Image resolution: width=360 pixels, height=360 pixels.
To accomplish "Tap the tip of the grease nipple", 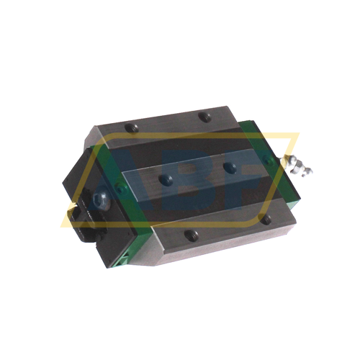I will tap(310, 170).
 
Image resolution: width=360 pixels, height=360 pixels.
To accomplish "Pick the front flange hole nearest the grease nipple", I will tap(264, 217).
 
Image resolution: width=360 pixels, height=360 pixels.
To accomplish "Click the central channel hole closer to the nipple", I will tap(229, 166).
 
